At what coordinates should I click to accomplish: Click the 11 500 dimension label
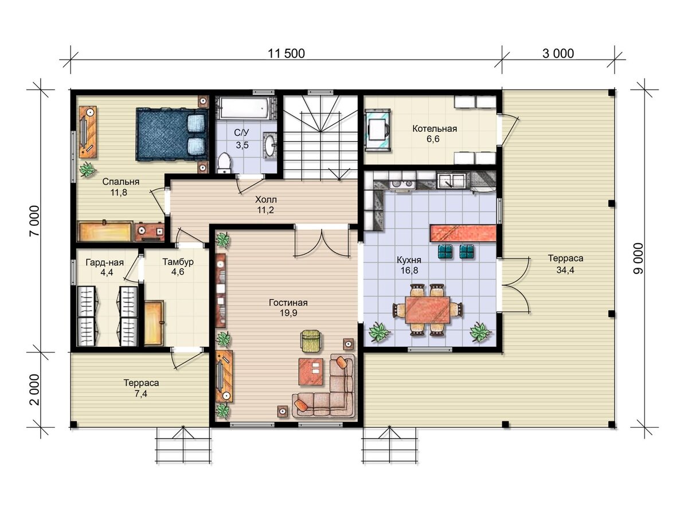point(286,53)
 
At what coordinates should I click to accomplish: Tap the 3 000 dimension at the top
point(558,53)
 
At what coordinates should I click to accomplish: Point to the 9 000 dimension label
point(638,259)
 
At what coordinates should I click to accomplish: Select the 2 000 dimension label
point(34,390)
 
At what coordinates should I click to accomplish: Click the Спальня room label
point(120,181)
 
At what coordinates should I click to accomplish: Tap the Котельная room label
point(435,128)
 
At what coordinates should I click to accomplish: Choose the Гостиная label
point(288,303)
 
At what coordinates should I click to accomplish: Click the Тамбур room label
point(178,261)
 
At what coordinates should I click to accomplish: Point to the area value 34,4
point(565,269)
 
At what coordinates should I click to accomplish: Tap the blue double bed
point(172,134)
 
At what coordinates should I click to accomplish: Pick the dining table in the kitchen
point(428,310)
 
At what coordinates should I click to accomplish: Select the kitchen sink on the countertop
point(451,181)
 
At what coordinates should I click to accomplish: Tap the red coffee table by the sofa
point(311,372)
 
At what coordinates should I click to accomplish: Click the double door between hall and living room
point(322,243)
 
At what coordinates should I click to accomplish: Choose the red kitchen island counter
point(463,233)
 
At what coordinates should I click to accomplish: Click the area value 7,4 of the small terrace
point(140,393)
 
